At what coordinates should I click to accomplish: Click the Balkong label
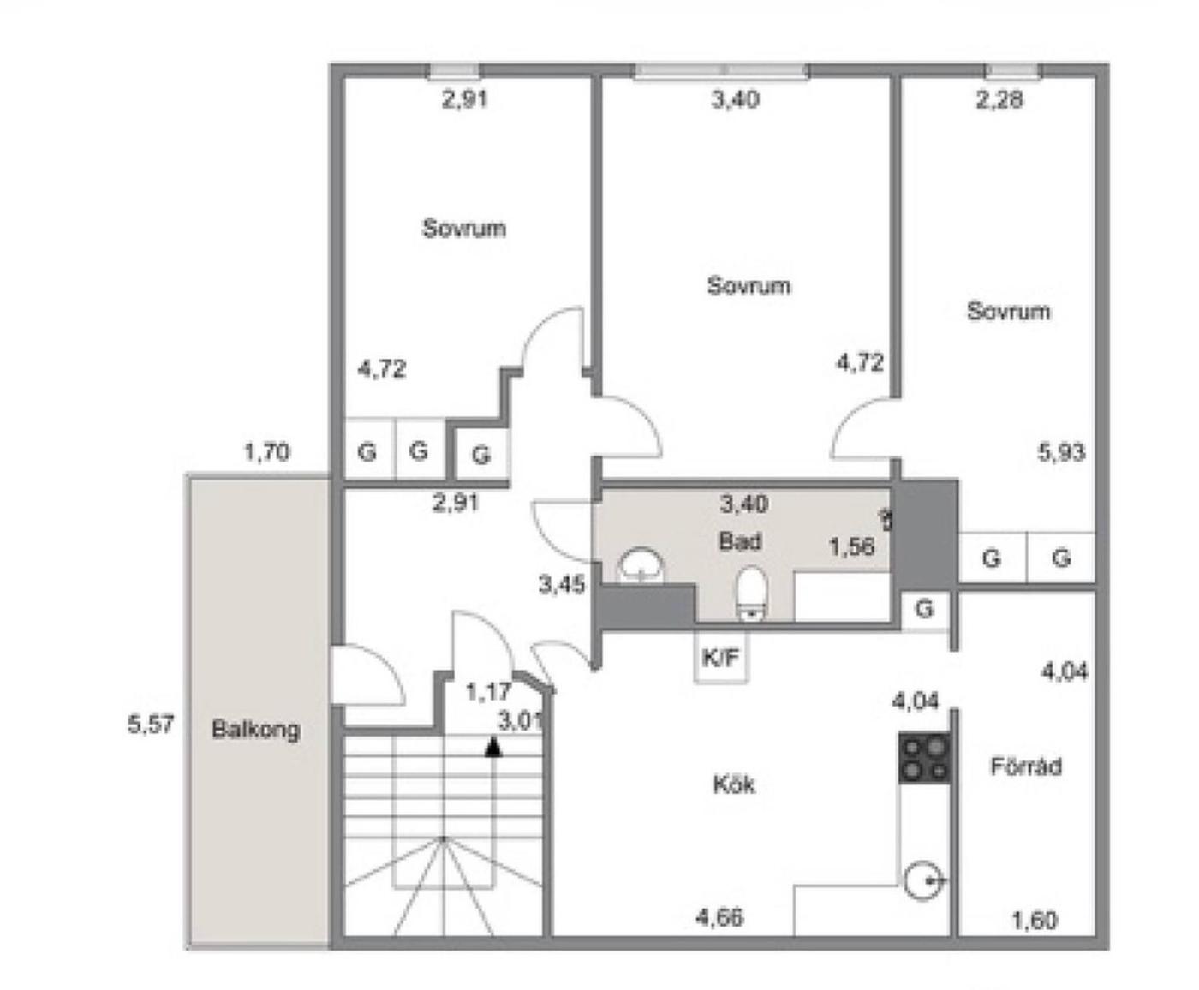pos(255,730)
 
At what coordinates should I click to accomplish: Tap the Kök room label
pos(734,784)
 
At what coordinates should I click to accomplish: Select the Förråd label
pos(1026,766)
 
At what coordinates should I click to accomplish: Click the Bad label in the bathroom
pos(740,541)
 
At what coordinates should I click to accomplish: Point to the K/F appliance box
pos(720,656)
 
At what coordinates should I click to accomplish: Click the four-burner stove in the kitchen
pos(924,758)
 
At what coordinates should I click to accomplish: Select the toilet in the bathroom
pos(752,594)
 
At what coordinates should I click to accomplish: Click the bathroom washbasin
pos(641,565)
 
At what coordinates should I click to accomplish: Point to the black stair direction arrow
pos(493,748)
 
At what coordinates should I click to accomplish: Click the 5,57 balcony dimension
pos(151,725)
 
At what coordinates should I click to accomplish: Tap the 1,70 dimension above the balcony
pos(267,452)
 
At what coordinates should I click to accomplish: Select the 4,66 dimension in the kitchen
pos(719,917)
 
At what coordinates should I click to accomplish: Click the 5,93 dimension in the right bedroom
pos(1061,452)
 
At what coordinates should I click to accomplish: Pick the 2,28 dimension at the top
pos(999,100)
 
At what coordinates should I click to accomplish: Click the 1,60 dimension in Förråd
pos(1034,921)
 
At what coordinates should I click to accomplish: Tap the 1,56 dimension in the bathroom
pos(852,546)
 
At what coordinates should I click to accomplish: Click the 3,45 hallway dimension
pos(562,585)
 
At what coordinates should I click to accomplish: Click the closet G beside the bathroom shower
pos(924,609)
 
